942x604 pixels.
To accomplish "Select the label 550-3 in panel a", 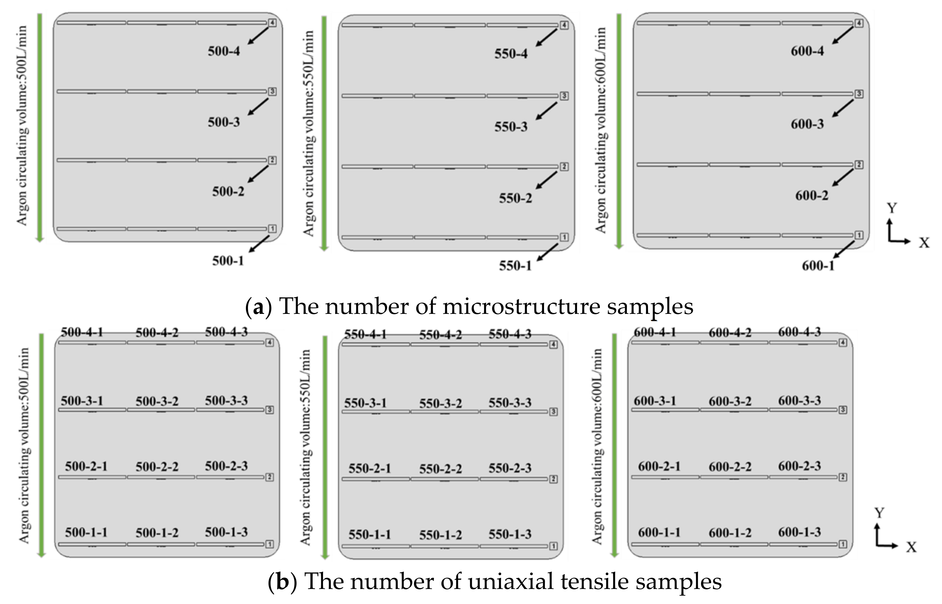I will pos(510,127).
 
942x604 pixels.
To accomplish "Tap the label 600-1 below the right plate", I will pos(818,266).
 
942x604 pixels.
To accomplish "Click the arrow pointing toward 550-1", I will pos(547,252).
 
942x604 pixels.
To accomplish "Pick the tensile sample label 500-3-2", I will pos(157,401).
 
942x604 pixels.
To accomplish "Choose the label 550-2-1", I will pos(370,469).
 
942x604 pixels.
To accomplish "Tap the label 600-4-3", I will pos(799,332).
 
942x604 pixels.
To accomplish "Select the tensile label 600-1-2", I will pos(730,533).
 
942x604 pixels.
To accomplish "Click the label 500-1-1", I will pos(86,532).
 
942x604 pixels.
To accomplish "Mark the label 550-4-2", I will pos(440,335).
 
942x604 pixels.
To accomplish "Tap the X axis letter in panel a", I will pos(924,243).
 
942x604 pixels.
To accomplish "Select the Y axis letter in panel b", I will pos(879,513).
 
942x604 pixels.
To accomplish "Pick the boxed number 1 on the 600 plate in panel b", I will pos(843,544).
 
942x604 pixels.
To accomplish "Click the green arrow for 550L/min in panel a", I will pos(324,133).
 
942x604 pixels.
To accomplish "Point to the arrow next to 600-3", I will pos(843,108).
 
